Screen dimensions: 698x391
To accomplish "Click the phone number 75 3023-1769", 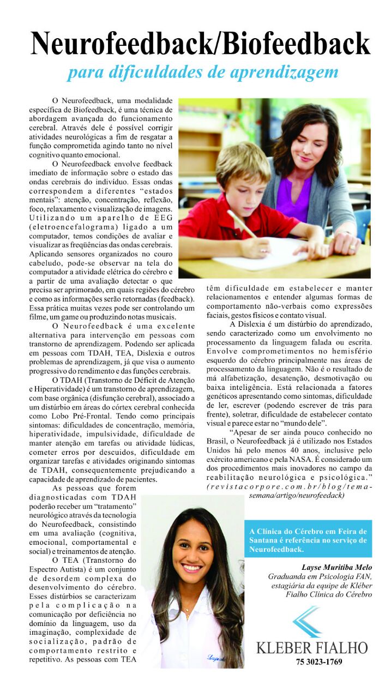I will click(312, 663).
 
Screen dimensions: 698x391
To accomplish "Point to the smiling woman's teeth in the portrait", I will click(191, 568).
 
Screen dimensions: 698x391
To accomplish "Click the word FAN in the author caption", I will click(363, 576).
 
